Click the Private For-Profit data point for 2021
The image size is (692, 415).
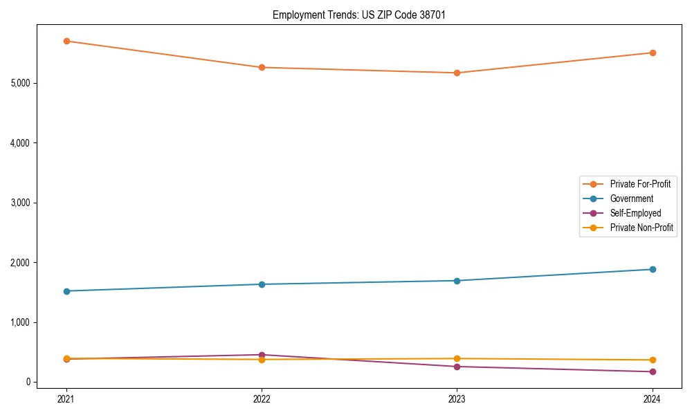pos(66,41)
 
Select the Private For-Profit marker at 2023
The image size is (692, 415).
pos(457,73)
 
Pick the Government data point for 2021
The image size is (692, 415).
pos(66,291)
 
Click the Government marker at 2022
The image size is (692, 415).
pos(262,284)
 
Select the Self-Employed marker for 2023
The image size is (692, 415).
pos(457,367)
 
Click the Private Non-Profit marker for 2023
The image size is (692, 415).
pos(457,359)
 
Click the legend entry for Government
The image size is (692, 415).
pos(631,199)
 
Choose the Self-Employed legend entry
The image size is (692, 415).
pos(635,213)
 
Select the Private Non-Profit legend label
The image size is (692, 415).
pos(641,228)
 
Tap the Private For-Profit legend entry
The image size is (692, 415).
pos(640,184)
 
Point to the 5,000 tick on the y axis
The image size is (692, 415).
pos(21,83)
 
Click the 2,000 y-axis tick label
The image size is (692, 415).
pos(21,263)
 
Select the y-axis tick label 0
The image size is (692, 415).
pos(28,382)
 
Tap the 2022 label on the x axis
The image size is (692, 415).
pos(262,398)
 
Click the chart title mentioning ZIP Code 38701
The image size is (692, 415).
pos(354,15)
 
